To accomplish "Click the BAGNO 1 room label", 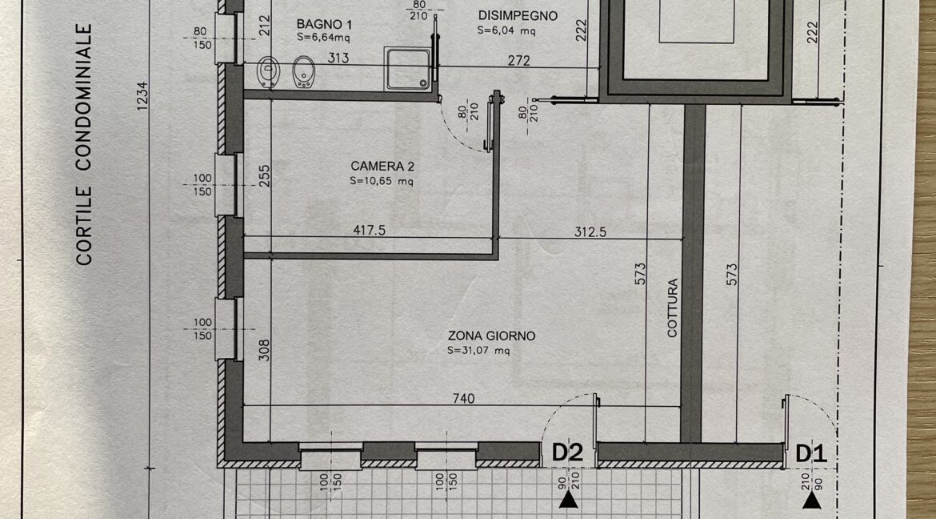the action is pyautogui.click(x=324, y=25).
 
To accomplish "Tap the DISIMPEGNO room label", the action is pyautogui.click(x=518, y=16).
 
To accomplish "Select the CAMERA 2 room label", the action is pyautogui.click(x=382, y=167).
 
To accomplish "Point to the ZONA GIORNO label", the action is pyautogui.click(x=491, y=336).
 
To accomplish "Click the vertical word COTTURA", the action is pyautogui.click(x=673, y=308).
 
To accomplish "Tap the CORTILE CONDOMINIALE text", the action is pyautogui.click(x=84, y=144).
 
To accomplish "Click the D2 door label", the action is pyautogui.click(x=567, y=453).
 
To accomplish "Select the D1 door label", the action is pyautogui.click(x=812, y=454).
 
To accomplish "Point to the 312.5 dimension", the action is pyautogui.click(x=590, y=232).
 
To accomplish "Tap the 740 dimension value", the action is pyautogui.click(x=464, y=398).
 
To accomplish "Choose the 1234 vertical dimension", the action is pyautogui.click(x=142, y=95).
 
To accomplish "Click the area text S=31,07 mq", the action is pyautogui.click(x=478, y=351).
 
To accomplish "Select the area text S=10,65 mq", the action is pyautogui.click(x=382, y=181).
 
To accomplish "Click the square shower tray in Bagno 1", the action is pyautogui.click(x=408, y=70).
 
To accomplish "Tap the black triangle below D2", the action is pyautogui.click(x=568, y=500).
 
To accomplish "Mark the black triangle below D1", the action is pyautogui.click(x=811, y=501).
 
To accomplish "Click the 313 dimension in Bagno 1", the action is pyautogui.click(x=338, y=58).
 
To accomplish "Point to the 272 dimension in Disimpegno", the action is pyautogui.click(x=518, y=60).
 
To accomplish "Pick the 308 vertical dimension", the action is pyautogui.click(x=265, y=350).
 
